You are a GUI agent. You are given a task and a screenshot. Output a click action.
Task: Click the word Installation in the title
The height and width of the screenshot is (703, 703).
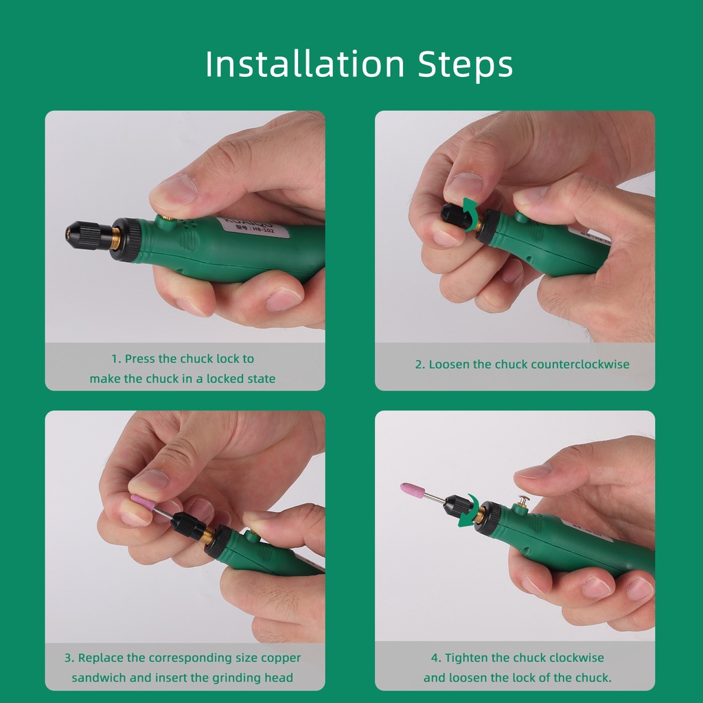[x=305, y=64]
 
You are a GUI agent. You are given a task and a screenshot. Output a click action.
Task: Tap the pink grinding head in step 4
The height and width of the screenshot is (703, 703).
[x=413, y=490]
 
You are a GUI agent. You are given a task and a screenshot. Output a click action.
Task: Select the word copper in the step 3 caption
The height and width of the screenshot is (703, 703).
[x=281, y=658]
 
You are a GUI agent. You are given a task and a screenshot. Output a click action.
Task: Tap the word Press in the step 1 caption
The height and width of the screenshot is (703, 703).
[x=139, y=358]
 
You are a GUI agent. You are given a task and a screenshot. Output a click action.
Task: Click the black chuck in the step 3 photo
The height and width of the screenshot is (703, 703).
[x=187, y=524]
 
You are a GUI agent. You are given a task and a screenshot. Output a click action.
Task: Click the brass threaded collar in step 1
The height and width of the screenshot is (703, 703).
[x=115, y=239]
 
